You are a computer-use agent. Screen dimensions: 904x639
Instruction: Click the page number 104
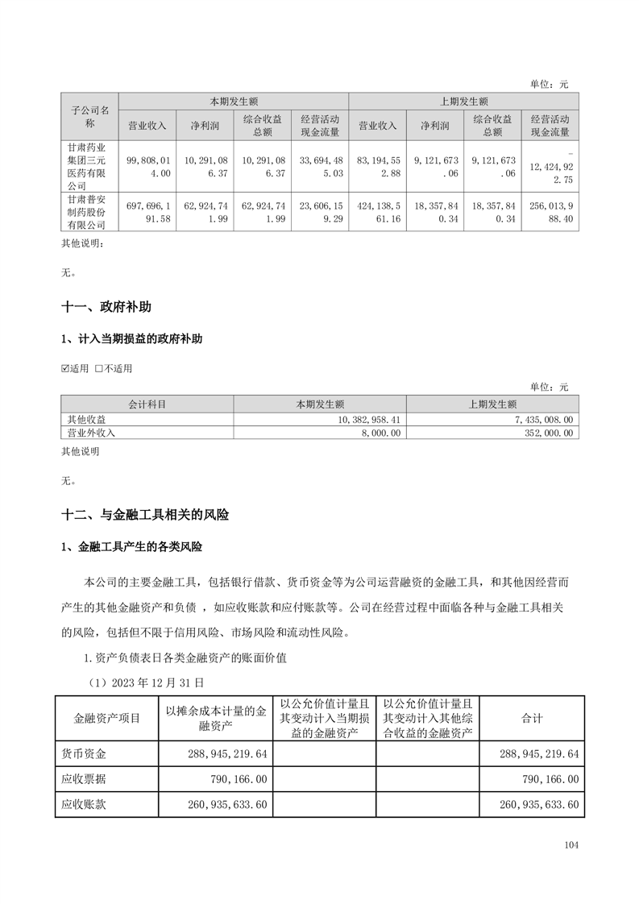[571, 845]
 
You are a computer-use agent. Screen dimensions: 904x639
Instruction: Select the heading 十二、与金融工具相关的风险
[145, 514]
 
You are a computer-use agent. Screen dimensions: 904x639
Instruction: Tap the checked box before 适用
[66, 369]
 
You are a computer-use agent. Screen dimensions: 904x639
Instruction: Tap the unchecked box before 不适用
[98, 369]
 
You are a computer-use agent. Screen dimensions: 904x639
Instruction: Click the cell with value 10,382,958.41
[320, 419]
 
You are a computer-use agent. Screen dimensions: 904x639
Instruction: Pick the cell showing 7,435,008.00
[492, 419]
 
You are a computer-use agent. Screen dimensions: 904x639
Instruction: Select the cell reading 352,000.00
[492, 433]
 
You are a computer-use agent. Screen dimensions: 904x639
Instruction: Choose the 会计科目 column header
[147, 404]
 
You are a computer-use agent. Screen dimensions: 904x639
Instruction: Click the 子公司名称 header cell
[90, 116]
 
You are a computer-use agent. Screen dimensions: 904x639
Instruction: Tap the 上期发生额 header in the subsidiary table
[463, 102]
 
